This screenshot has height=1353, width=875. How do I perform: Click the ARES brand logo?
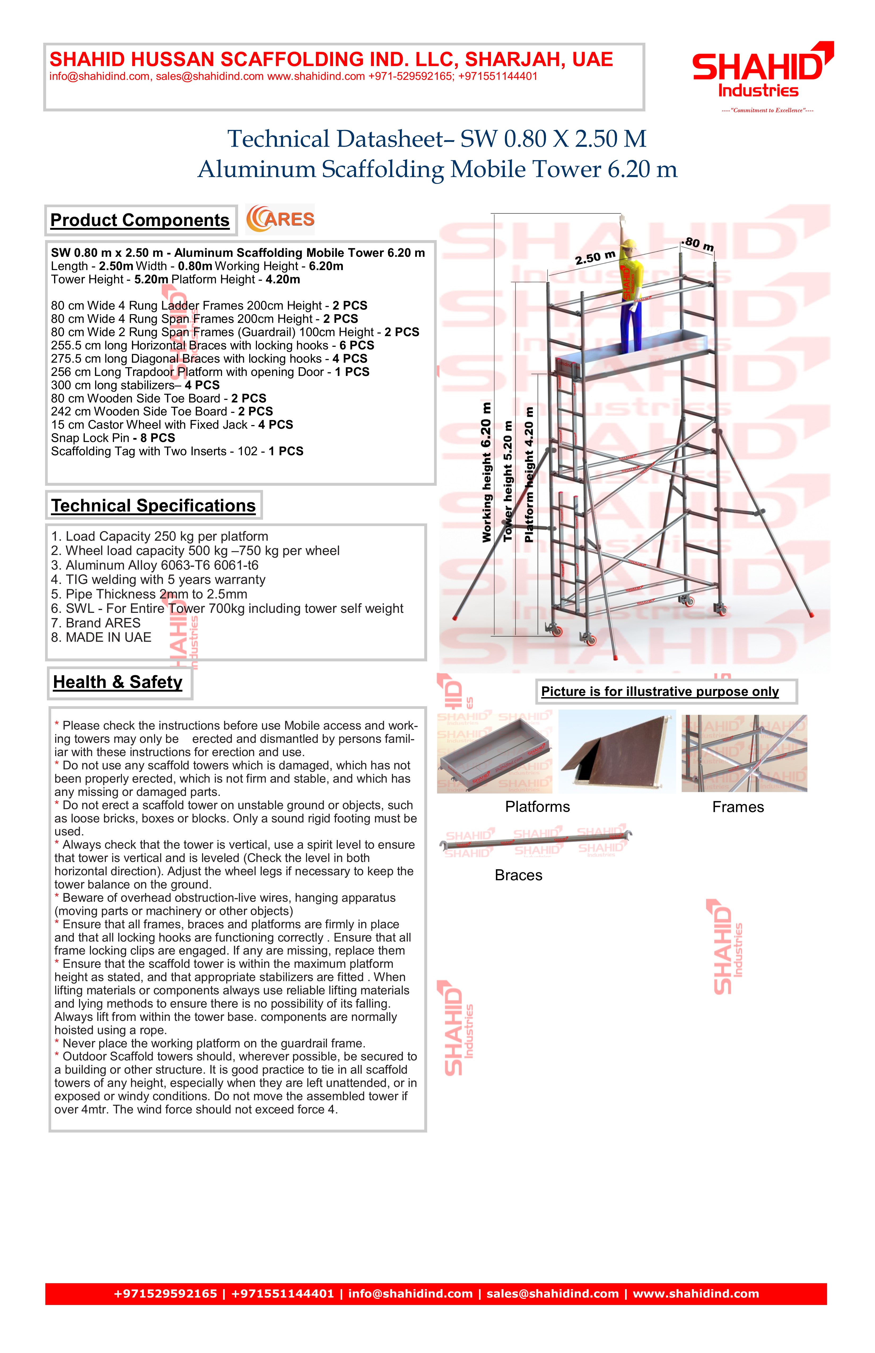click(x=280, y=219)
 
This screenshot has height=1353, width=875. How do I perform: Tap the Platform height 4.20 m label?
click(x=529, y=475)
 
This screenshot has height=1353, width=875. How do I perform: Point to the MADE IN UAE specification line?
click(x=101, y=637)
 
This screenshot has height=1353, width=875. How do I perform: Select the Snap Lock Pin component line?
click(x=113, y=438)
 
